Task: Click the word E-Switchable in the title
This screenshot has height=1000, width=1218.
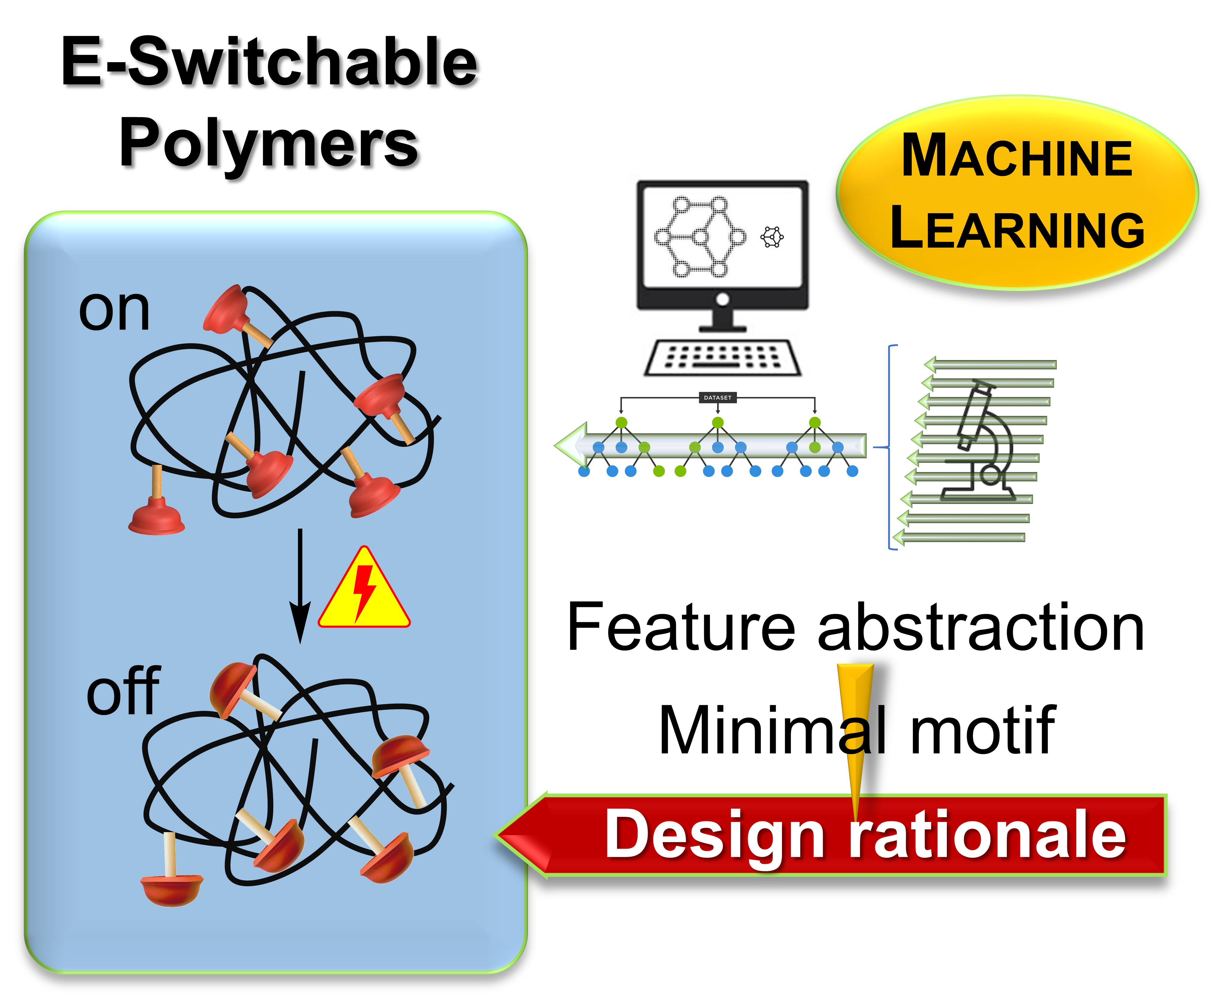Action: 269,62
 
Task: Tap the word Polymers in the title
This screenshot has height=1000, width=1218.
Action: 268,143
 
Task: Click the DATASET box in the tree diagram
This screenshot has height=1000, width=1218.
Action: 717,398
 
